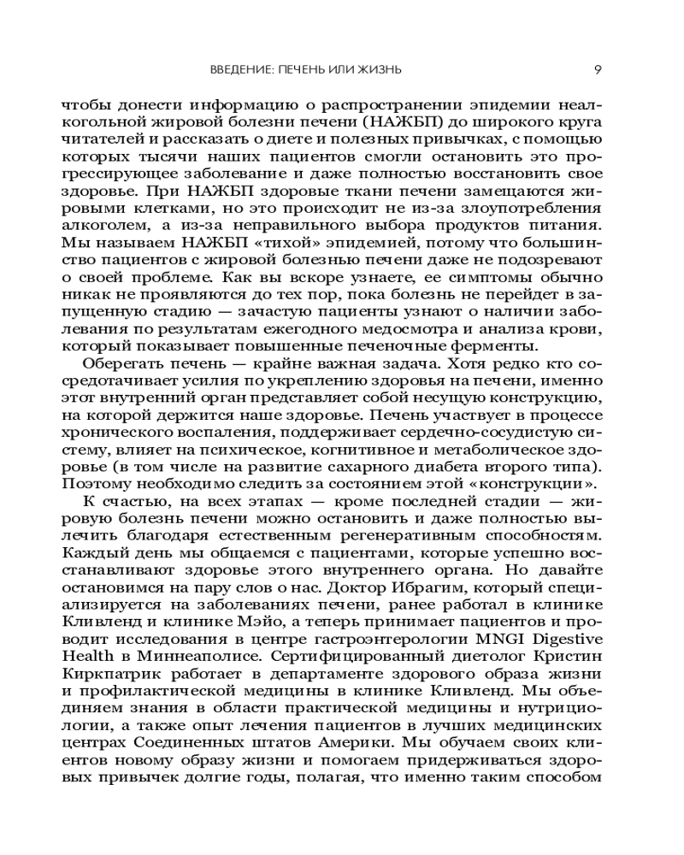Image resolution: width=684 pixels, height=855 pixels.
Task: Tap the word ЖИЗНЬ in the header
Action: (x=380, y=69)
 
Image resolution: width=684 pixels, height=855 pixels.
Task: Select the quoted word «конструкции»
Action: (x=538, y=482)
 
